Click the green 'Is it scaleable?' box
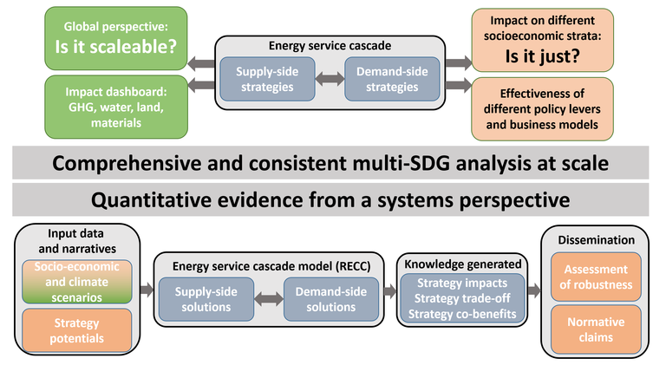click(x=116, y=38)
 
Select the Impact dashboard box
click(x=116, y=107)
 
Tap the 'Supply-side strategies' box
click(x=267, y=79)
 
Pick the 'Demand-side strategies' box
click(x=392, y=79)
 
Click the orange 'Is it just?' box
click(x=542, y=41)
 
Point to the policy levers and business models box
click(x=542, y=108)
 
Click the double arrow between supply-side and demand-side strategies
click(x=330, y=79)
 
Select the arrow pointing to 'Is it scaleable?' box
click(x=201, y=63)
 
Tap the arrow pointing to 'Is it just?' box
click(x=459, y=62)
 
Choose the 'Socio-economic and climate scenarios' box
click(x=77, y=282)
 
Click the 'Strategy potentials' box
click(x=77, y=330)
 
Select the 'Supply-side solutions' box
click(x=206, y=299)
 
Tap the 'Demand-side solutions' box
click(x=331, y=299)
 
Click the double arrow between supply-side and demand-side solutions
click(x=269, y=299)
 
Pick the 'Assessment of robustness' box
click(x=596, y=277)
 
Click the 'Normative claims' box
click(x=596, y=329)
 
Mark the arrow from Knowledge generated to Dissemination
click(x=534, y=290)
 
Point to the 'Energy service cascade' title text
click(x=330, y=46)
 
